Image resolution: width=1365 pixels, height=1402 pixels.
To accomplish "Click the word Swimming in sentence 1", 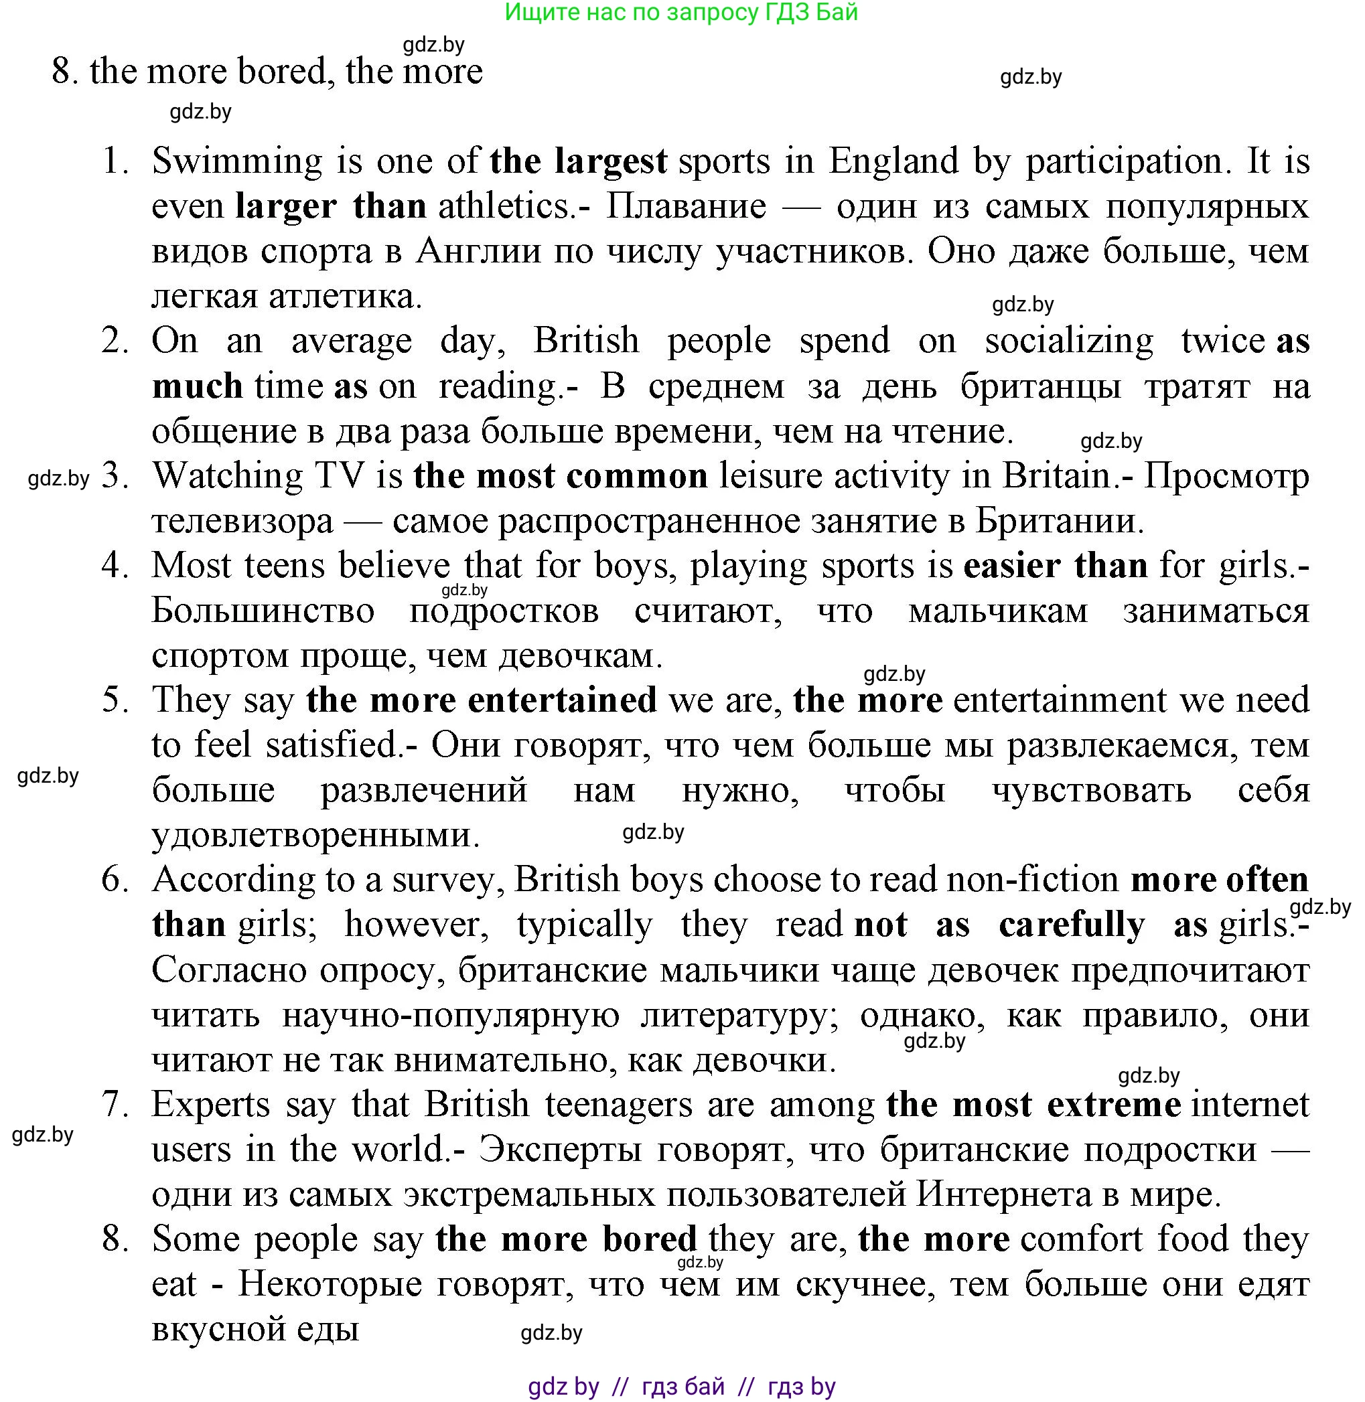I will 237,162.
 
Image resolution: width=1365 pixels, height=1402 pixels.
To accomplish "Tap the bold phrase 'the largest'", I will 578,161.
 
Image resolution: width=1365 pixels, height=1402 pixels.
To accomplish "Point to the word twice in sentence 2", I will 1223,341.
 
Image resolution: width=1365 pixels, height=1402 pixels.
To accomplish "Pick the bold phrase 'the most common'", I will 560,476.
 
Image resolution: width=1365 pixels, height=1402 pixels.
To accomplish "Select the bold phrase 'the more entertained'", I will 481,700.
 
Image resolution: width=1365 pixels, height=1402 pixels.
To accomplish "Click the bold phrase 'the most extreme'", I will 1033,1105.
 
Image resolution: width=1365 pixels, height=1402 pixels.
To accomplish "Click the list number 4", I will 113,566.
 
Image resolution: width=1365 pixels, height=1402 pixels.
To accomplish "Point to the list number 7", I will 113,1105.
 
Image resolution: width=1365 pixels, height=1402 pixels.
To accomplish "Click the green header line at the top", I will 681,12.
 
